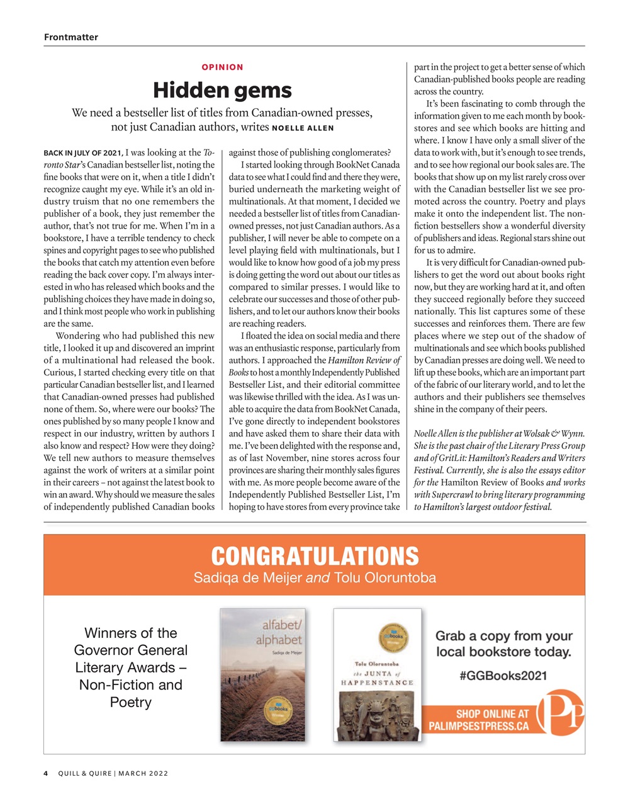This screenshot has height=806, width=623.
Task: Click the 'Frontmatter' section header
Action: coord(71,37)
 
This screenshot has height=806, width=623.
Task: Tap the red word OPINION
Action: coord(222,67)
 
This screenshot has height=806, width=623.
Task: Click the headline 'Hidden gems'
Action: coord(222,90)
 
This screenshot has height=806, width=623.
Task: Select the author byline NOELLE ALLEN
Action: coord(303,128)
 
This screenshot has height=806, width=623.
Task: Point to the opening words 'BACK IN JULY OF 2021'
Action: coord(82,153)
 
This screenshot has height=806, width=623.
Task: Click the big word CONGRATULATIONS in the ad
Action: coord(315,557)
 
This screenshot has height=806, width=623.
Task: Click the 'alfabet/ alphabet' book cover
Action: coord(262,674)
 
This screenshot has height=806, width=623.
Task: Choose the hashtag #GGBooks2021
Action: coord(503,676)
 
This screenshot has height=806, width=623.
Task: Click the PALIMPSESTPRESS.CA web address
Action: coord(479,726)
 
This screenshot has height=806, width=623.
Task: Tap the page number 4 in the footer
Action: coord(46,773)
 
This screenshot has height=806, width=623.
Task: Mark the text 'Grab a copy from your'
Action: coord(503,635)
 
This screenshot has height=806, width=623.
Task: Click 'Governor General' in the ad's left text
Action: coord(131,650)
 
